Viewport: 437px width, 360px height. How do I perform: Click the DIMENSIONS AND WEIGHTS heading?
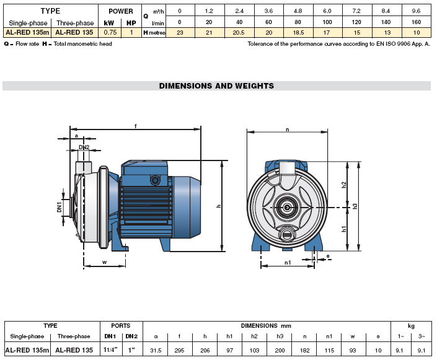tap(216, 86)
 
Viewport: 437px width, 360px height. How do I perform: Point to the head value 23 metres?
tap(180, 32)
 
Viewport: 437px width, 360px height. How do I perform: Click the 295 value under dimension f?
tap(180, 350)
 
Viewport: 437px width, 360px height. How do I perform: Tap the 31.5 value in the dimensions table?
tap(156, 350)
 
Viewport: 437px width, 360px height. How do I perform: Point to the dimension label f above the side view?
tap(135, 126)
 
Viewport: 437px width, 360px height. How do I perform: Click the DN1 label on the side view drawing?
tap(60, 206)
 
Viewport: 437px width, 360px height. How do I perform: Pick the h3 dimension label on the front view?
tap(355, 206)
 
